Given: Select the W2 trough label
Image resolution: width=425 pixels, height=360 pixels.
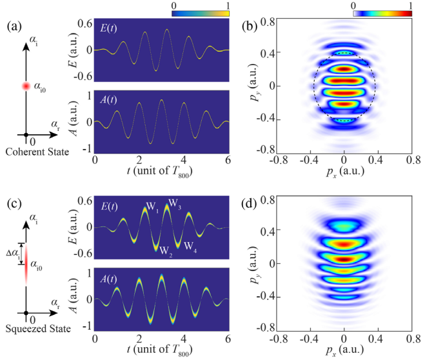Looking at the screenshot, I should [x=167, y=250].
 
